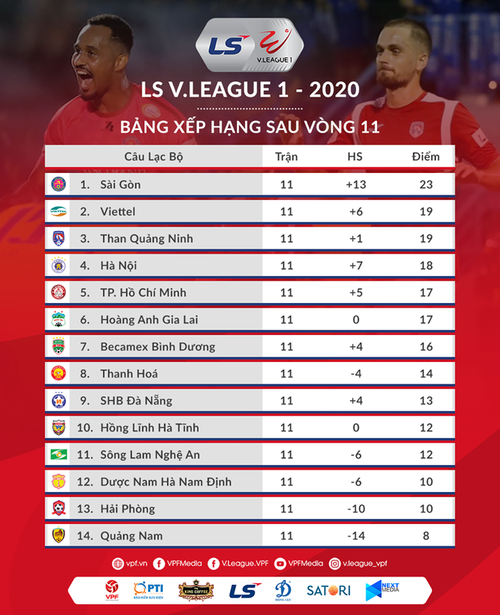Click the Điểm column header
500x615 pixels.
click(426, 156)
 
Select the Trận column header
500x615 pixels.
click(286, 156)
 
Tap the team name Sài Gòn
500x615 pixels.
click(120, 184)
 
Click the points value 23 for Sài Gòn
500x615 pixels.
click(426, 184)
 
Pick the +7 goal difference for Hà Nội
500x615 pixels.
click(356, 265)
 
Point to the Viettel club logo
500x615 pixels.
click(58, 211)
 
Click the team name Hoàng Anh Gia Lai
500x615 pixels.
click(148, 320)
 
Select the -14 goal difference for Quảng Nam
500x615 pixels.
click(356, 536)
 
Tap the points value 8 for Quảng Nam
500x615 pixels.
click(426, 536)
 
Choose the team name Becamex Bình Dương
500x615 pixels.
click(158, 346)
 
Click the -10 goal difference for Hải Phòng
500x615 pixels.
click(356, 509)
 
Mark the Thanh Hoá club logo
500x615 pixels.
click(58, 374)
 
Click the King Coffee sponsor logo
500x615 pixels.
click(195, 590)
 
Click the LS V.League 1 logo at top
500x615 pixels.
click(249, 46)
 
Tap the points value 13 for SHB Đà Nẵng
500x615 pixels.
click(426, 400)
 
